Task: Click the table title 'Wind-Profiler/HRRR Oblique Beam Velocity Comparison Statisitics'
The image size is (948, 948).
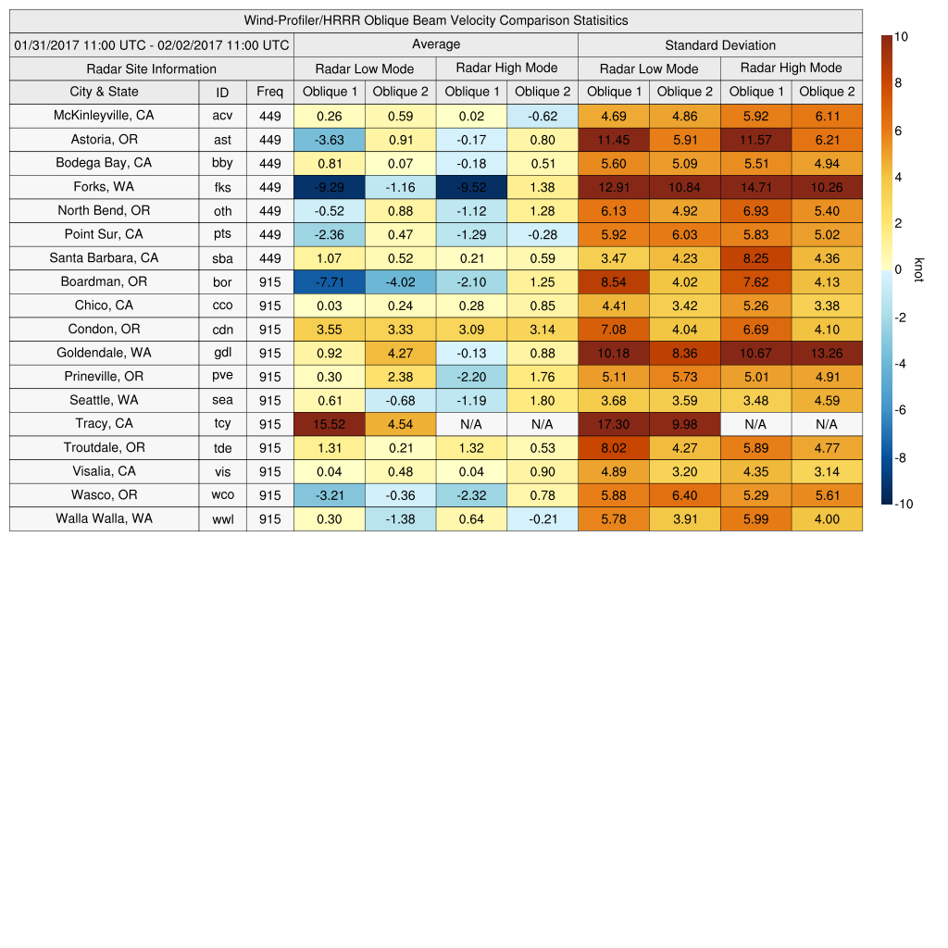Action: click(x=436, y=20)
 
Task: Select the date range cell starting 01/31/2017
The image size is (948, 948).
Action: click(x=152, y=44)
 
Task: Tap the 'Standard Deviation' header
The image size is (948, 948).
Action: click(x=720, y=45)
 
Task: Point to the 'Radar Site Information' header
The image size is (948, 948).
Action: click(x=151, y=69)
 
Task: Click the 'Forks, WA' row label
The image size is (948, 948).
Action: click(x=104, y=187)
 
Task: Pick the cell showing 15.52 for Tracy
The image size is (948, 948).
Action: click(x=330, y=424)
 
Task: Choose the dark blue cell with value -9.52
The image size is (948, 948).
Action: click(x=472, y=187)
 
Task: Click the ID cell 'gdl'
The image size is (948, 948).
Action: click(x=222, y=354)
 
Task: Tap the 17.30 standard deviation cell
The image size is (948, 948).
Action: click(x=614, y=424)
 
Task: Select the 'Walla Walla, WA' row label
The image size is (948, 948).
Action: click(x=104, y=518)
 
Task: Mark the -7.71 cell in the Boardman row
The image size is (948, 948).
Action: click(x=330, y=282)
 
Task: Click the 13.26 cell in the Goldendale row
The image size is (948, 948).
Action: click(x=827, y=354)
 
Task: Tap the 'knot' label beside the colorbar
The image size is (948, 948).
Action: click(x=918, y=269)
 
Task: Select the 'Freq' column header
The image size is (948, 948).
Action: click(x=269, y=92)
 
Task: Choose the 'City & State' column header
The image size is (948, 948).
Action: click(x=104, y=92)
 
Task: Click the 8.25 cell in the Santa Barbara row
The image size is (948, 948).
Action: click(x=755, y=258)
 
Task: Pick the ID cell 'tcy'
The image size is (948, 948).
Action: click(x=222, y=424)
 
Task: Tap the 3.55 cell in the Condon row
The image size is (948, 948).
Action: click(x=330, y=330)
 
